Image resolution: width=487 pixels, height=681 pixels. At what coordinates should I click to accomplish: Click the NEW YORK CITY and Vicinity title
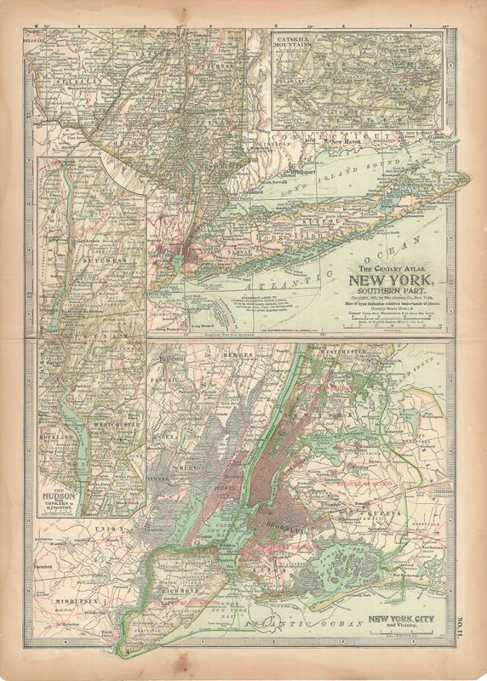404,623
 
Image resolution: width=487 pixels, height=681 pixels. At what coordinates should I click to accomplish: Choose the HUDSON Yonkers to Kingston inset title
60,498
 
